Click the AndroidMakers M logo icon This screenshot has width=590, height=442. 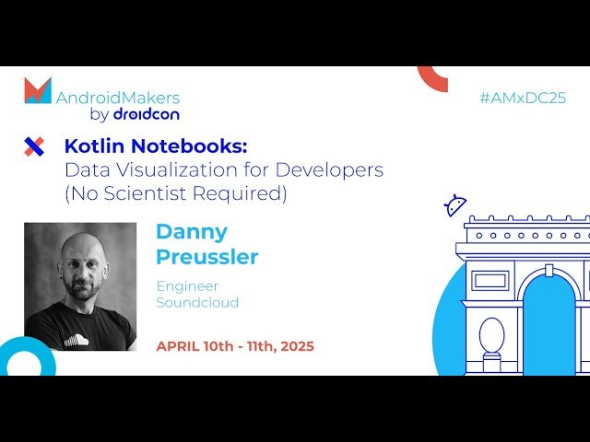tap(38, 91)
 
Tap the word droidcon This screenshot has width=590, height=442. tap(146, 114)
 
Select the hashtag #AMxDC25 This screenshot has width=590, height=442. tap(523, 98)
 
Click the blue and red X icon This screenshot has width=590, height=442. tap(34, 146)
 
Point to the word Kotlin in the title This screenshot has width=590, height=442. tap(89, 145)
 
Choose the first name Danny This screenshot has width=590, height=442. tap(191, 231)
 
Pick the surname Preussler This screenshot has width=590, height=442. tap(206, 256)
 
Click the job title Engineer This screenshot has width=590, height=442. tap(187, 286)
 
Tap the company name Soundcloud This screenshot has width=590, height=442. tap(197, 303)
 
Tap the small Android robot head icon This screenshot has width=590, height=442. tap(455, 205)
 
